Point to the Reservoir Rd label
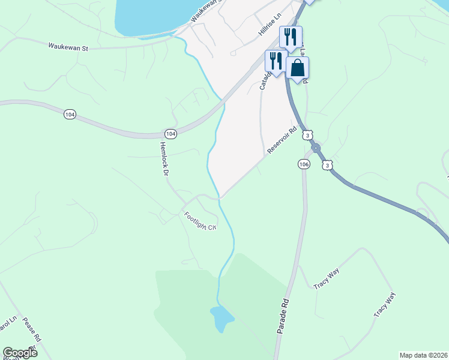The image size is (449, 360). [283, 139]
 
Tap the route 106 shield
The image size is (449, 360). [304, 164]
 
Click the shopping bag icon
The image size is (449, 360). [298, 70]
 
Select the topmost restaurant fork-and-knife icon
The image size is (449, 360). [291, 37]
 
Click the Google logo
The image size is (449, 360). [19, 353]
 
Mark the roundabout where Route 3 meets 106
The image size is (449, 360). [316, 148]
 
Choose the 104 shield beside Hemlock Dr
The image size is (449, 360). [171, 134]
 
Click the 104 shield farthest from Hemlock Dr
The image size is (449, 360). [70, 114]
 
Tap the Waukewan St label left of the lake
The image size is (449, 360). [68, 46]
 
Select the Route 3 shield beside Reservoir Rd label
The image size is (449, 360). [307, 136]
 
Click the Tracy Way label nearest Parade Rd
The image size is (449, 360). [327, 279]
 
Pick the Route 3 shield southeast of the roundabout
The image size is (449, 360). [327, 164]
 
